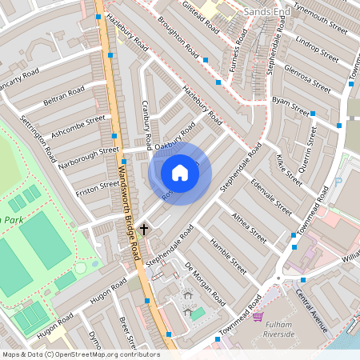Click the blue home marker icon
click(x=180, y=173)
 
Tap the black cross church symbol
click(x=144, y=230)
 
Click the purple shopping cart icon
click(x=258, y=317)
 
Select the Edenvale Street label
click(x=272, y=196)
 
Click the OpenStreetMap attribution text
click(x=80, y=354)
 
